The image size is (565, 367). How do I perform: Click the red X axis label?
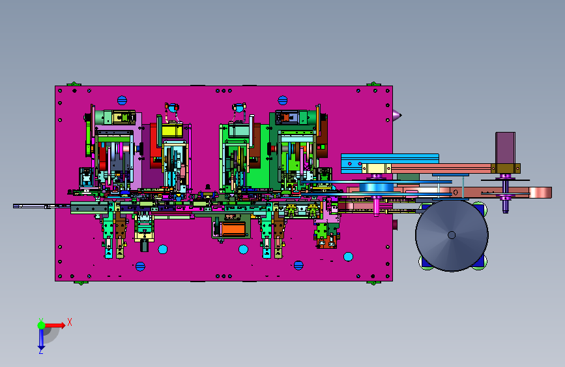pos(70,322)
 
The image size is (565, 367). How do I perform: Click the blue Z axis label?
pos(41,351)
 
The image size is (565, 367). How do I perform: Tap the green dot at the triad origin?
pos(41,325)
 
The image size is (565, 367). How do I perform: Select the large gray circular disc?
pos(452,235)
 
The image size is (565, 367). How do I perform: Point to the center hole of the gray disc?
pos(452,235)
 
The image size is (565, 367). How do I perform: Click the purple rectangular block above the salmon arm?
pos(505,148)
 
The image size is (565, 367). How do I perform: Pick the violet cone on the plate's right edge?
pos(397,115)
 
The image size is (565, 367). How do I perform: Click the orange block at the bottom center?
pos(233,229)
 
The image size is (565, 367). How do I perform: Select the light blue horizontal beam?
pos(390,163)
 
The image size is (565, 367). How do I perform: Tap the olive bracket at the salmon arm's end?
pos(506,168)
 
